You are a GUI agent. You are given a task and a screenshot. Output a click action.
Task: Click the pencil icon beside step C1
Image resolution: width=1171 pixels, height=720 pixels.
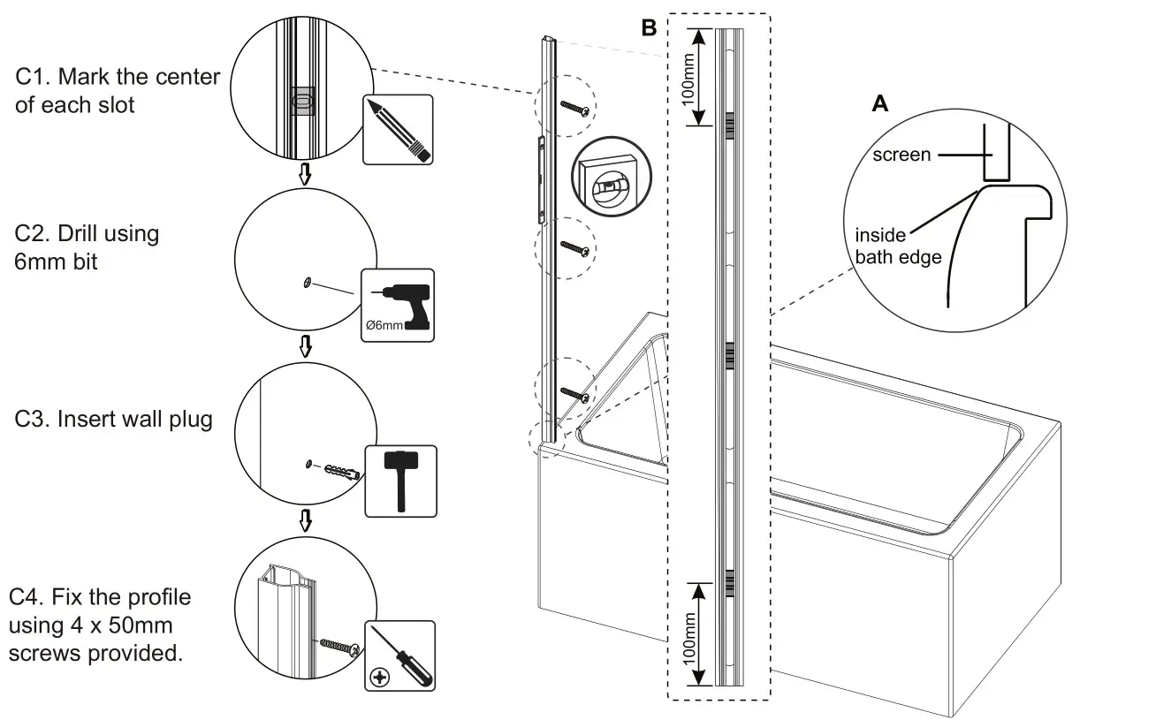point(398,130)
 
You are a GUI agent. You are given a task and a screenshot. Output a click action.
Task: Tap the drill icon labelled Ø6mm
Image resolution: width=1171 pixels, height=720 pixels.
point(399,304)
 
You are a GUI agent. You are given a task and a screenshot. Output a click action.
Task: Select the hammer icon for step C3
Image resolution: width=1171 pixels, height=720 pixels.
point(400,481)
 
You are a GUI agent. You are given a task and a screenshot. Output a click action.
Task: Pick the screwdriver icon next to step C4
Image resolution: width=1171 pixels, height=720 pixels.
point(400,655)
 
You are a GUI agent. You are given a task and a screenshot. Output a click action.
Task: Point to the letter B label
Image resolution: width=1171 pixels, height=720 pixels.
point(649,28)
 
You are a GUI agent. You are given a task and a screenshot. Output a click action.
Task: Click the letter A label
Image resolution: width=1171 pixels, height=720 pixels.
point(879,104)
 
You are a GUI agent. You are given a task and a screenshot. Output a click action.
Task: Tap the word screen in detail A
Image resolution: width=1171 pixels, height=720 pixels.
point(901,155)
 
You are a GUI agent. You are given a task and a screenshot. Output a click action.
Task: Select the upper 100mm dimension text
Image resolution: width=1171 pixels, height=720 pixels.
point(690,78)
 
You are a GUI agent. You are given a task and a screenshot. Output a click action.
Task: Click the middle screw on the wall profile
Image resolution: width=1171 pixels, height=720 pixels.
point(574,247)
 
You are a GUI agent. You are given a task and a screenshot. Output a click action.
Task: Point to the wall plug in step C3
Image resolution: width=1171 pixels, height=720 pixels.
point(341,468)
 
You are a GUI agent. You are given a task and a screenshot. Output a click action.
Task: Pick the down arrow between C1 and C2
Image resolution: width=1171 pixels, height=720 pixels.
point(305,174)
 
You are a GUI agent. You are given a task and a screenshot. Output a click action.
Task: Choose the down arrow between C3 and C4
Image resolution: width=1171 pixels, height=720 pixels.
point(305,520)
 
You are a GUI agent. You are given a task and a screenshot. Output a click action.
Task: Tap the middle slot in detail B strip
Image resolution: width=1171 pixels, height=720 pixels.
point(729,354)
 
